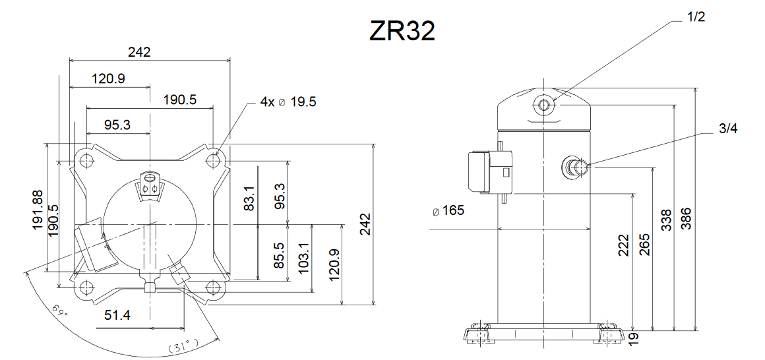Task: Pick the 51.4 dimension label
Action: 117,315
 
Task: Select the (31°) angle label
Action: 183,347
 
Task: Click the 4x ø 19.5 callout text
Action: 288,102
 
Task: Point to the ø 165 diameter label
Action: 448,211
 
